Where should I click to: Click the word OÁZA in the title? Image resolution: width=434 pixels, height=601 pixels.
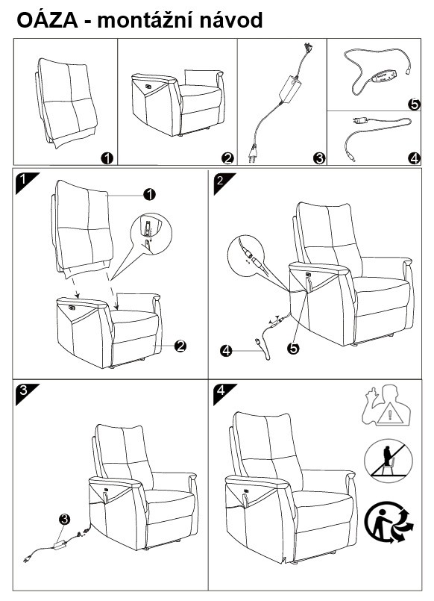point(47,20)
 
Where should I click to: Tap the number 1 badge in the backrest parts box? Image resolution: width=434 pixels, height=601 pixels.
point(107,158)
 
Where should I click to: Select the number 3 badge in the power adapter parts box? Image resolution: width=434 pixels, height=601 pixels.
point(319,158)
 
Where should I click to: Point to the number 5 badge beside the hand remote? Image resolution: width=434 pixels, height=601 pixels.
point(414,104)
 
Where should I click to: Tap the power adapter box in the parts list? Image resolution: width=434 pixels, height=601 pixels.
point(292,89)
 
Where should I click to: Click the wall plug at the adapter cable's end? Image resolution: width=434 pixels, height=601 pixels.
point(252,153)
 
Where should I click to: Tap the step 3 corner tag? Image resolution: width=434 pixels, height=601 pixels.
point(27,393)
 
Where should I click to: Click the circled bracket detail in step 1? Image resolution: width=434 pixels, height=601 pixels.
point(151,234)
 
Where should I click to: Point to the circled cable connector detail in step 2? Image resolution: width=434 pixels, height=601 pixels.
point(246,255)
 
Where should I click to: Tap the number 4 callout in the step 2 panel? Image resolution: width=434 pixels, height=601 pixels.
point(226,350)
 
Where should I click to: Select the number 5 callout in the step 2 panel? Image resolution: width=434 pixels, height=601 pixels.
point(293,348)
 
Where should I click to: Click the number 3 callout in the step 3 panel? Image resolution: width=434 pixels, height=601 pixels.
point(64,520)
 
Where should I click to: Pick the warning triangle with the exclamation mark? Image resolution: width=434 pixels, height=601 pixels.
point(389,414)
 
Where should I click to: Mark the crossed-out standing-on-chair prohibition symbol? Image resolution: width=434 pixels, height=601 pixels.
point(388,461)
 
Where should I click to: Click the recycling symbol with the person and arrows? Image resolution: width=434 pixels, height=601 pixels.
point(388,522)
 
